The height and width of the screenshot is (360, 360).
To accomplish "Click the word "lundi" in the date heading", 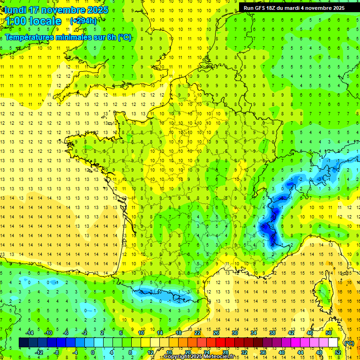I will tap(15, 10).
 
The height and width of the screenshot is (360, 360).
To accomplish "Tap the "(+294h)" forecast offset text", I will tap(83, 21).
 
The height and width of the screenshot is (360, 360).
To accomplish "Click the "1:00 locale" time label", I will tap(33, 21).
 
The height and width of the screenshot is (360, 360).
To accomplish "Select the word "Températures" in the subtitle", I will tap(32, 37).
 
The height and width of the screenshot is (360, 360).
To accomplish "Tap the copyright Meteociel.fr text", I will tap(199, 357).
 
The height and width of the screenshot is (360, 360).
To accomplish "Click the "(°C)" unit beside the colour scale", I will tap(349, 343).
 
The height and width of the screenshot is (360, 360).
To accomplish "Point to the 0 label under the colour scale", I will tap(92, 352).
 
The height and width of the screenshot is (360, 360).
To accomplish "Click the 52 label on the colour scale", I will tap(337, 352).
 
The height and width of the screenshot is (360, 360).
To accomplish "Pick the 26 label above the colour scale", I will tap(216, 333).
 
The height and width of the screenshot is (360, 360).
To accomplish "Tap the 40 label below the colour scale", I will tap(281, 352).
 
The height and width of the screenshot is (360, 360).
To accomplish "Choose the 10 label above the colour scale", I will tap(141, 333).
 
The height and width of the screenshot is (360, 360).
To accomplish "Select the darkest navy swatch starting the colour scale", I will tap(23, 343).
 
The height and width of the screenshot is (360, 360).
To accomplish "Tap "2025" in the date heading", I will tap(97, 10).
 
